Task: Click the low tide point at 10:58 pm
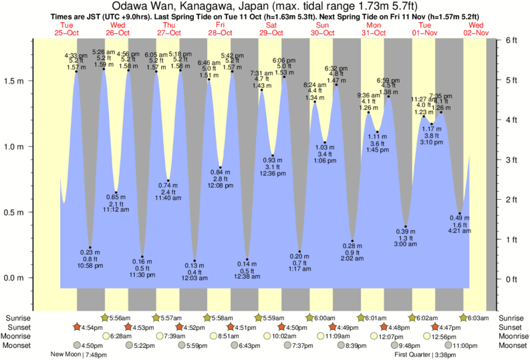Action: [90, 248]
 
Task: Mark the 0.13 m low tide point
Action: [194, 260]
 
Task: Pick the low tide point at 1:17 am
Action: [299, 252]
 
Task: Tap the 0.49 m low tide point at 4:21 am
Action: [460, 214]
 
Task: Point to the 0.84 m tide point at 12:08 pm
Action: [221, 167]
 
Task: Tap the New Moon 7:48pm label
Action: [79, 355]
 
